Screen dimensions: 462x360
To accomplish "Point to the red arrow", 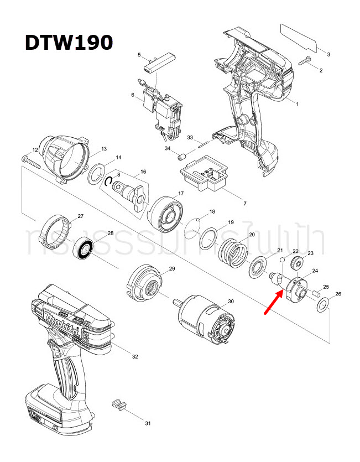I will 275,303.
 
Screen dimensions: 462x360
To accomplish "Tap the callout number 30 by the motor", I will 231,302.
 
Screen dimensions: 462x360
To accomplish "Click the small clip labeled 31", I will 118,403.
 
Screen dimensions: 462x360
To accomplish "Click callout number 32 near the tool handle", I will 134,357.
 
